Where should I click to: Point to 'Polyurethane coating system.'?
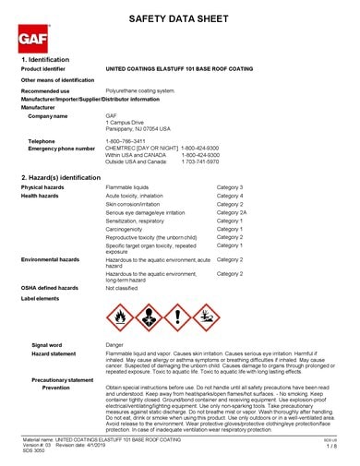coord(140,92)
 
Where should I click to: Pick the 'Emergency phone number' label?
coord(62,149)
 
